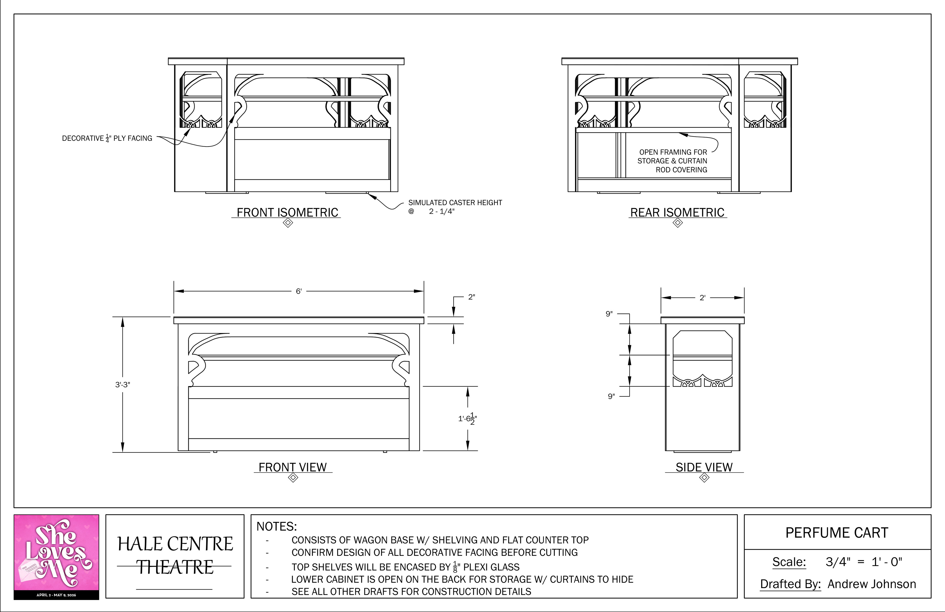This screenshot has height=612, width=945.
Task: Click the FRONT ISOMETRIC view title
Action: click(x=287, y=213)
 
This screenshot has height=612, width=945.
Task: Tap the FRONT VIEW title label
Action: click(x=293, y=467)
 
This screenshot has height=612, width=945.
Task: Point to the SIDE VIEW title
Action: click(x=704, y=467)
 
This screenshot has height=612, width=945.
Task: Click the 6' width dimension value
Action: click(x=299, y=291)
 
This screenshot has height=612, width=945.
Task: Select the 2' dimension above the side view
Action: click(x=702, y=298)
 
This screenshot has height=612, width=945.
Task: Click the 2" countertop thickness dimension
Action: click(x=471, y=297)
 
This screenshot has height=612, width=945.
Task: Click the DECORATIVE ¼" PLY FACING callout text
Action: click(x=107, y=138)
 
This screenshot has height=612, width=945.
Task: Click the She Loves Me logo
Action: click(x=56, y=556)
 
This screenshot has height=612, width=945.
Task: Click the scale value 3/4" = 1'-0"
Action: click(x=864, y=562)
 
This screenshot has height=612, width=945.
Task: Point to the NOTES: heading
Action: click(x=277, y=527)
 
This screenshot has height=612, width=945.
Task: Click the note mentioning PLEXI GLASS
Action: click(x=405, y=567)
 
